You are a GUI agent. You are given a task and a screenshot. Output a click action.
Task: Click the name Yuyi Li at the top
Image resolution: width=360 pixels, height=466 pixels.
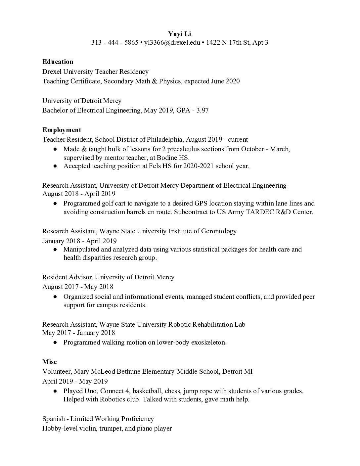pos(180,34)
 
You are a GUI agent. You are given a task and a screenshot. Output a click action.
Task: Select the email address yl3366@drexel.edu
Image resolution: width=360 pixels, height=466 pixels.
pos(172,42)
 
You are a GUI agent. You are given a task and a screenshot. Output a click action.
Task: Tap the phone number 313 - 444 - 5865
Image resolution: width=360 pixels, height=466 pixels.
pos(114,42)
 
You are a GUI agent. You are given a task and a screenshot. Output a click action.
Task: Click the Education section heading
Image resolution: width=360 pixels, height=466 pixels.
pos(58,62)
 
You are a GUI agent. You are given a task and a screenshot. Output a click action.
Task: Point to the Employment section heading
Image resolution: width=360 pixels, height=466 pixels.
pos(62,130)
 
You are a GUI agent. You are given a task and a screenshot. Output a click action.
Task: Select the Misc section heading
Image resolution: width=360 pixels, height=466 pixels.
pos(49,362)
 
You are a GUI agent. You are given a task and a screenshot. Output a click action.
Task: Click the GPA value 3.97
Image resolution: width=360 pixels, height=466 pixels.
pos(202,110)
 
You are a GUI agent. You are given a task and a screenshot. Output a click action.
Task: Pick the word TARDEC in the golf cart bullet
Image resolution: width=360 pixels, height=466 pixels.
pos(261,212)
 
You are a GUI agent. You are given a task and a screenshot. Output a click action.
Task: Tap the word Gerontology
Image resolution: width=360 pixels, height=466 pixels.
pos(219,231)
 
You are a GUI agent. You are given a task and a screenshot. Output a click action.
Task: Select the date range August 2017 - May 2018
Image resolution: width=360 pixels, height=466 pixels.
pos(78,287)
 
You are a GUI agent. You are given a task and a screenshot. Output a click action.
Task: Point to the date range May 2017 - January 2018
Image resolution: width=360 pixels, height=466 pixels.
pos(78,333)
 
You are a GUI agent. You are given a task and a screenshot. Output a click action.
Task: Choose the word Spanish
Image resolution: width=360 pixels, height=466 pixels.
pos(54,419)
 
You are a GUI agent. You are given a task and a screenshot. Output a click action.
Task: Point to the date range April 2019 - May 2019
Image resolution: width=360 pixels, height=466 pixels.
pos(75,381)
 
